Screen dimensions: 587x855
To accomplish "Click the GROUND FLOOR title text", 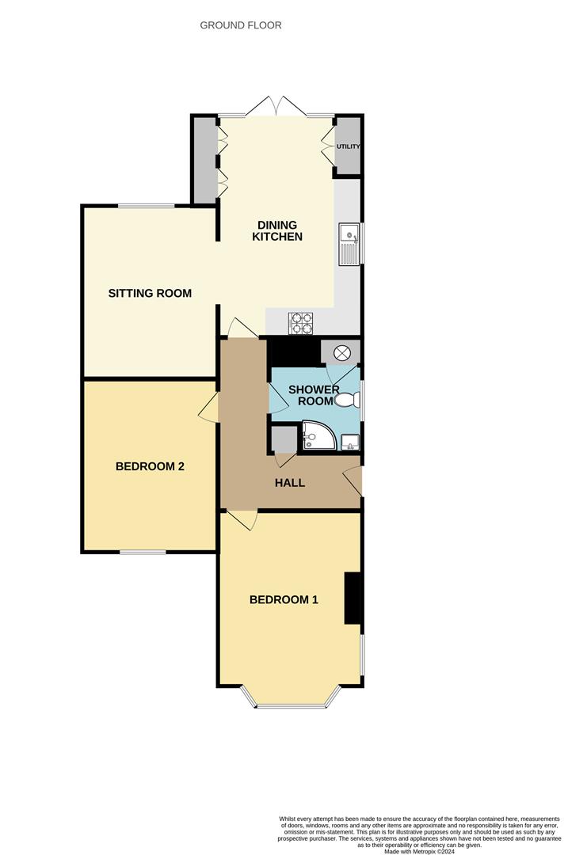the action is click(241, 25).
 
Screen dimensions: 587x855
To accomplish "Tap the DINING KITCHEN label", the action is click(277, 230).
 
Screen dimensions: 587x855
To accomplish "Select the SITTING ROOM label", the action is click(150, 294).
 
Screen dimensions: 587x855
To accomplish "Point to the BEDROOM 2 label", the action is click(150, 466).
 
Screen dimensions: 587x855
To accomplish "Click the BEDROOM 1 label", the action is click(284, 600).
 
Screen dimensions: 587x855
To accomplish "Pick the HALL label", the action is click(290, 483).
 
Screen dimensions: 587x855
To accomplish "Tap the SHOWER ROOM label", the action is click(314, 395).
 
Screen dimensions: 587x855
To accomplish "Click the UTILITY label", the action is click(348, 146).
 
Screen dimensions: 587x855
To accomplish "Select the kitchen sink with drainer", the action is click(349, 245).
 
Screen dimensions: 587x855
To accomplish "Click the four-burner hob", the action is click(301, 322).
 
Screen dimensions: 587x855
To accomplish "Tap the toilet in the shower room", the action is click(348, 401).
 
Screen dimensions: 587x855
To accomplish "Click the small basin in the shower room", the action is click(350, 443).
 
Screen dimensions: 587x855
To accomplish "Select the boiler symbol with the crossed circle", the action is click(341, 353).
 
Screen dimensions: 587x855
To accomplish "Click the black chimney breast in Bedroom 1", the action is click(353, 598).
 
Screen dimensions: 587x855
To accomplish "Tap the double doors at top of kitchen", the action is click(276, 106).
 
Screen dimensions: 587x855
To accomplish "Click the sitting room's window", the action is click(147, 206).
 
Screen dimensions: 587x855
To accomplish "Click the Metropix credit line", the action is click(419, 851).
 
